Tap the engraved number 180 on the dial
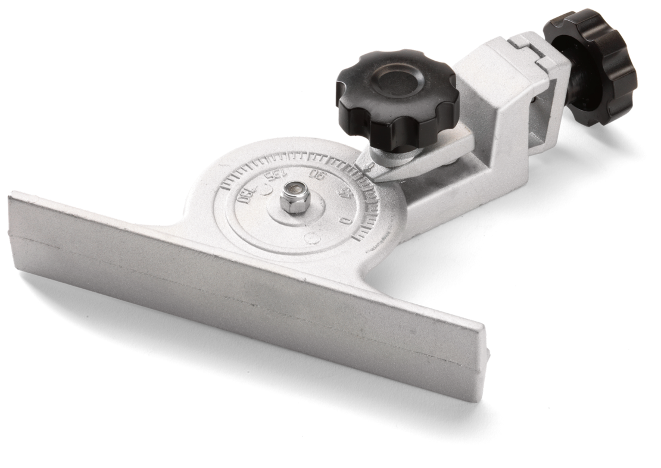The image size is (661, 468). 245,195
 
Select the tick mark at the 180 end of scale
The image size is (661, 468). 225,186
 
